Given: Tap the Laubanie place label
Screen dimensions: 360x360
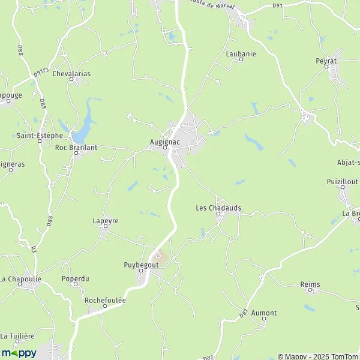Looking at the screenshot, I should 241,53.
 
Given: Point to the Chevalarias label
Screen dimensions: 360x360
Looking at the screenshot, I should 71,74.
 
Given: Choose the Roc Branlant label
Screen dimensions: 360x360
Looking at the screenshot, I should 76,146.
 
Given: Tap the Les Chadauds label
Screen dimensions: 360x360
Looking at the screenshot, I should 218,208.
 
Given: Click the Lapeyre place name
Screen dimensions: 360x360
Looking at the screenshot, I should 106,221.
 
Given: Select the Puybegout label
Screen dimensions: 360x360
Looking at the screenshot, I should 142,265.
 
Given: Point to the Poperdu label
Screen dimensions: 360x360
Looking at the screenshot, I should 75,278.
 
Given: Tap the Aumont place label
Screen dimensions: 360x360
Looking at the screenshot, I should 264,313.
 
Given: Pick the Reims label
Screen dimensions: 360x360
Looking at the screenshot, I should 311,284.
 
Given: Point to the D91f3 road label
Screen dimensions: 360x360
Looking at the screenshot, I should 41,71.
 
